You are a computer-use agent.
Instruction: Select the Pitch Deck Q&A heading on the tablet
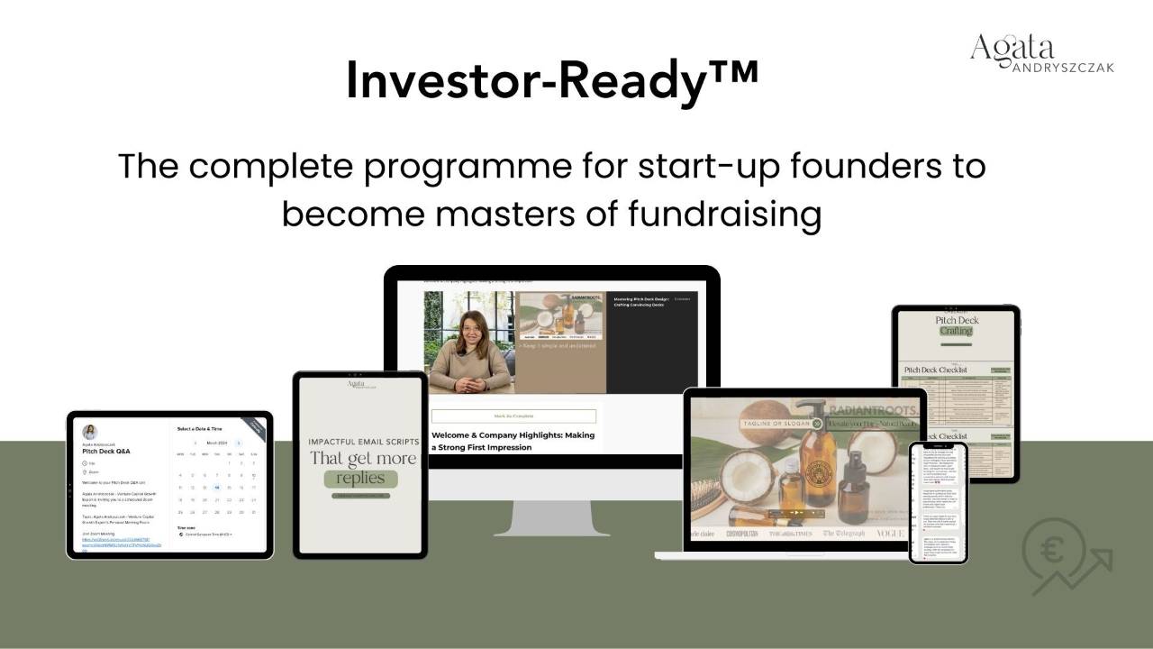point(108,451)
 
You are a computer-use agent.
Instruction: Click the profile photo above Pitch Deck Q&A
point(89,432)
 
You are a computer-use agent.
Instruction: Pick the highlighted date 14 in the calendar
point(216,487)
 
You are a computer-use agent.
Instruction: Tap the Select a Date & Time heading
point(199,429)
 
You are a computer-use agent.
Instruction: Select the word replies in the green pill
point(360,478)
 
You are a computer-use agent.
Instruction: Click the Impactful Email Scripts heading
point(363,442)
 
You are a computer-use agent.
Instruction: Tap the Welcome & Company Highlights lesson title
point(513,441)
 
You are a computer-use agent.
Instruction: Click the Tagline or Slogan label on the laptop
point(775,423)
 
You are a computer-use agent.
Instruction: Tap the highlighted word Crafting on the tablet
point(956,331)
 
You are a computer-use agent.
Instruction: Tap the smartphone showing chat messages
point(938,502)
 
